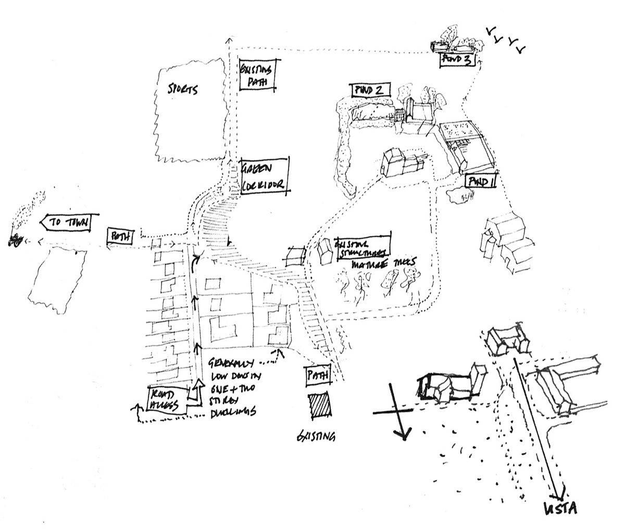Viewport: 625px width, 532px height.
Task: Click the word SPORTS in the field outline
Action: point(182,89)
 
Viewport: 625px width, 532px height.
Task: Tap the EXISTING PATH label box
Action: point(256,75)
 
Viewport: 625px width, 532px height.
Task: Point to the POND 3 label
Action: point(458,60)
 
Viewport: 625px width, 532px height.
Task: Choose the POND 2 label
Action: point(369,90)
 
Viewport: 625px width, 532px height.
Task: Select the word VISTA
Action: point(559,508)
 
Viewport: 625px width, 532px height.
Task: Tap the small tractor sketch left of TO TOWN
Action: point(16,239)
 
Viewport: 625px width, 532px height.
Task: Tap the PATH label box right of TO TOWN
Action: point(121,236)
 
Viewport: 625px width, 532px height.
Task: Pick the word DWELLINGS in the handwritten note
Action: point(232,412)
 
